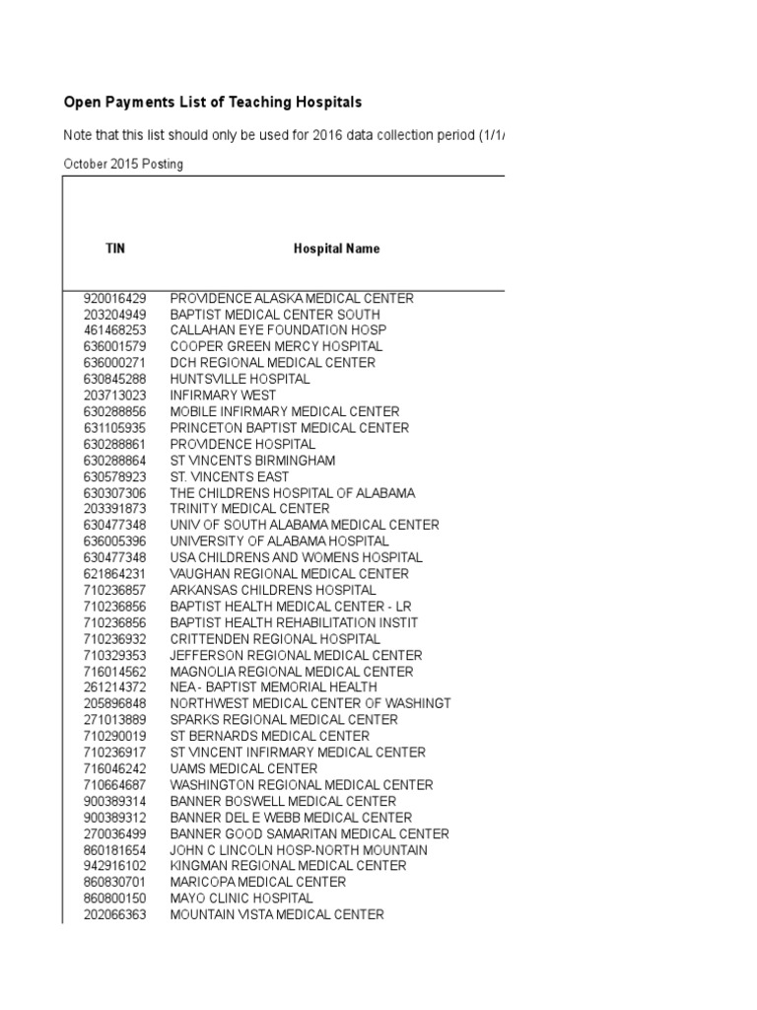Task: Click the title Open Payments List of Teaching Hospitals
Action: click(x=213, y=102)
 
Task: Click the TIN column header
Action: click(x=115, y=249)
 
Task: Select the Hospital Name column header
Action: click(x=336, y=249)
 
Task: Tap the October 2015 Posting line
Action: click(x=123, y=164)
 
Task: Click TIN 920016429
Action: click(x=115, y=298)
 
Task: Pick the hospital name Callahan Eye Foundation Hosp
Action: click(x=278, y=330)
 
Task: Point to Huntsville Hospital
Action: click(x=240, y=379)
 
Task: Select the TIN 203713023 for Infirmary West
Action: click(x=115, y=396)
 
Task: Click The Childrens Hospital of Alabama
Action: click(x=292, y=492)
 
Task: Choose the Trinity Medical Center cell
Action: click(x=249, y=509)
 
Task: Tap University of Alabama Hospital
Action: click(x=279, y=541)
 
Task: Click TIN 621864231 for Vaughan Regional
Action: click(x=115, y=574)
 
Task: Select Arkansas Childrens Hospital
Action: click(x=273, y=590)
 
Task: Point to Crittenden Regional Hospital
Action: click(x=275, y=639)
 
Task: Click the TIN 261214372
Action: click(x=115, y=687)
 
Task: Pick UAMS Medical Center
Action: click(x=243, y=768)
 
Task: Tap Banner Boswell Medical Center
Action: click(x=283, y=801)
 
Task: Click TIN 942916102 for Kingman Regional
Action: click(x=115, y=866)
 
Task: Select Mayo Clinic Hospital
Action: click(x=241, y=899)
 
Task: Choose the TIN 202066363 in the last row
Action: click(x=115, y=914)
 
